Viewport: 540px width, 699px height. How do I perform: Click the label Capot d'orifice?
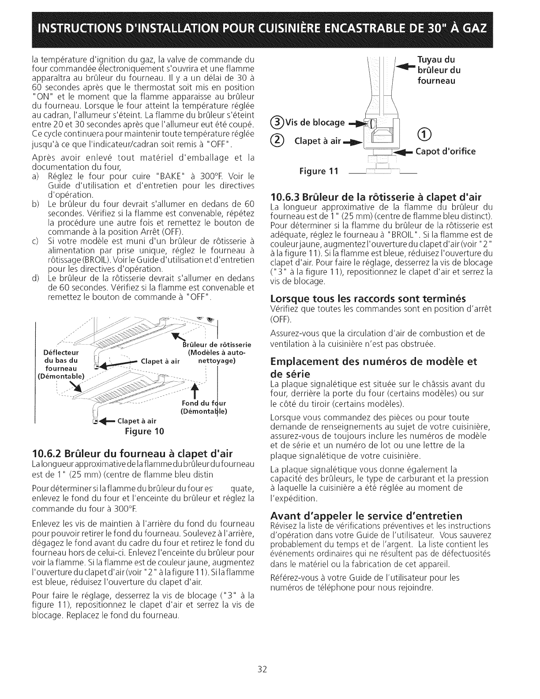(x=444, y=151)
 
